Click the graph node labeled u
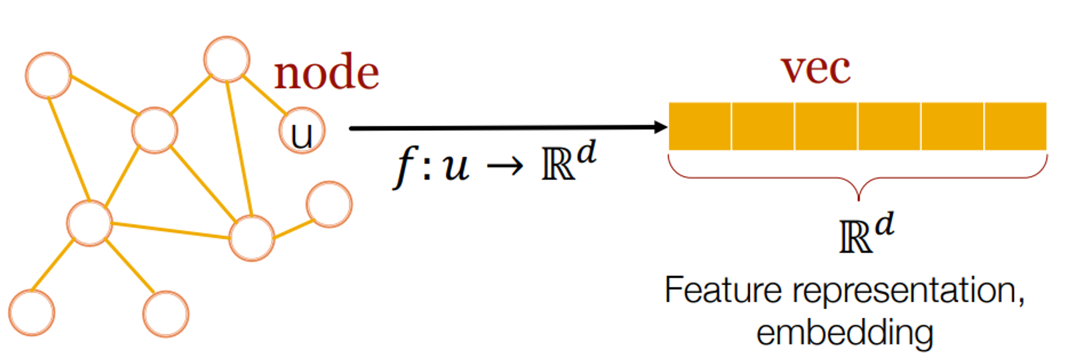[x=302, y=131]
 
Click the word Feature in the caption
[x=723, y=290]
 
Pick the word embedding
[x=845, y=333]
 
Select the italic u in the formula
[x=456, y=166]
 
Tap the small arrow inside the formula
[x=505, y=166]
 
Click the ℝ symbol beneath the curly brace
[x=855, y=237]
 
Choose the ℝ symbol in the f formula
[x=557, y=164]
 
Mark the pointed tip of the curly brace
[x=858, y=198]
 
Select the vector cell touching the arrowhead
[x=700, y=126]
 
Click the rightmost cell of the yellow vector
[x=1015, y=126]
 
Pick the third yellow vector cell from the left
[x=826, y=126]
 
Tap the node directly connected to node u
[x=227, y=59]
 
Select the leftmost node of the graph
[x=32, y=313]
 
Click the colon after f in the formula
[x=426, y=168]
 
